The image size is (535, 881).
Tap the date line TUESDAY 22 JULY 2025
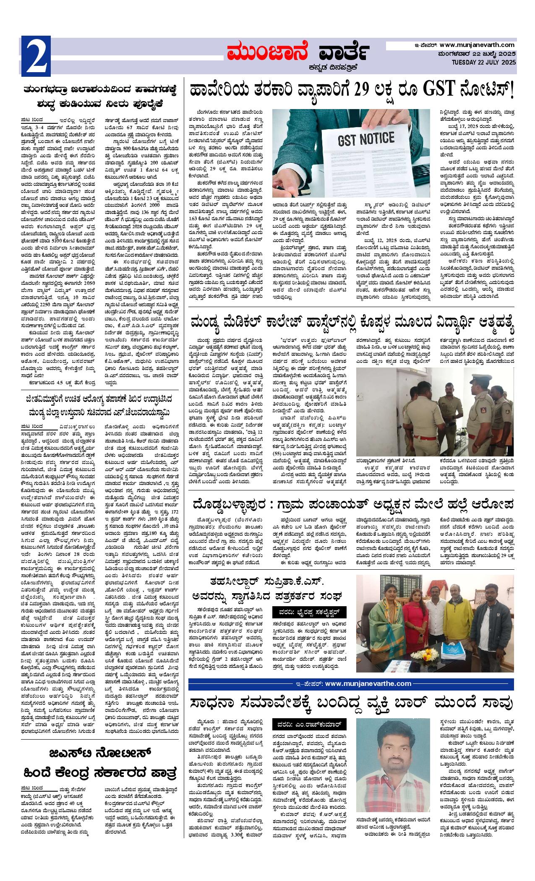[x=483, y=62]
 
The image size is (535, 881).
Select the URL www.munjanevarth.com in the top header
[x=477, y=45]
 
